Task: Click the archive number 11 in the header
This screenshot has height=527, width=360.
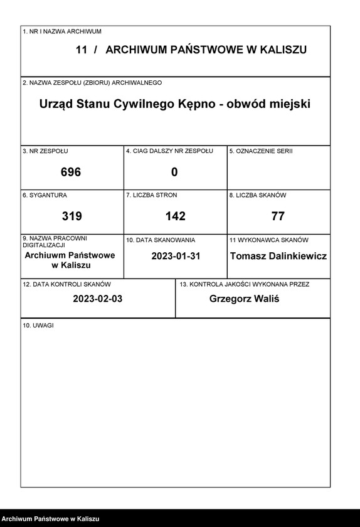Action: [x=81, y=50]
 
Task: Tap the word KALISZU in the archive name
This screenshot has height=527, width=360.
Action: [x=280, y=50]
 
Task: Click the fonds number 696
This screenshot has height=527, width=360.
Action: [x=71, y=172]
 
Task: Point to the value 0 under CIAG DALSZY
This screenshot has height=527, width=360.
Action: [x=174, y=172]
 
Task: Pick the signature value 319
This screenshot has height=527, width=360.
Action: [x=71, y=216]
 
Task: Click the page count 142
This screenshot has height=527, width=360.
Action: [x=175, y=216]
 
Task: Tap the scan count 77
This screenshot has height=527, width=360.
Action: [x=278, y=216]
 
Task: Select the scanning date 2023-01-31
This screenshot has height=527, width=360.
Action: [x=175, y=256]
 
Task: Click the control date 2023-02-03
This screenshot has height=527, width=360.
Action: [x=97, y=299]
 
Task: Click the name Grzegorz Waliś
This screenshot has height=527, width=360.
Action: [x=244, y=299]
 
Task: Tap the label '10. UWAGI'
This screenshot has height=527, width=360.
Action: [x=38, y=326]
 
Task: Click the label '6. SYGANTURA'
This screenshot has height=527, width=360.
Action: [x=45, y=195]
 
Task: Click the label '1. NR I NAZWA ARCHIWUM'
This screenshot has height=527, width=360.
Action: [x=61, y=31]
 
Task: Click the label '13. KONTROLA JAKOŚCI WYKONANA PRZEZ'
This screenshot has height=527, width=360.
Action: [x=244, y=284]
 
